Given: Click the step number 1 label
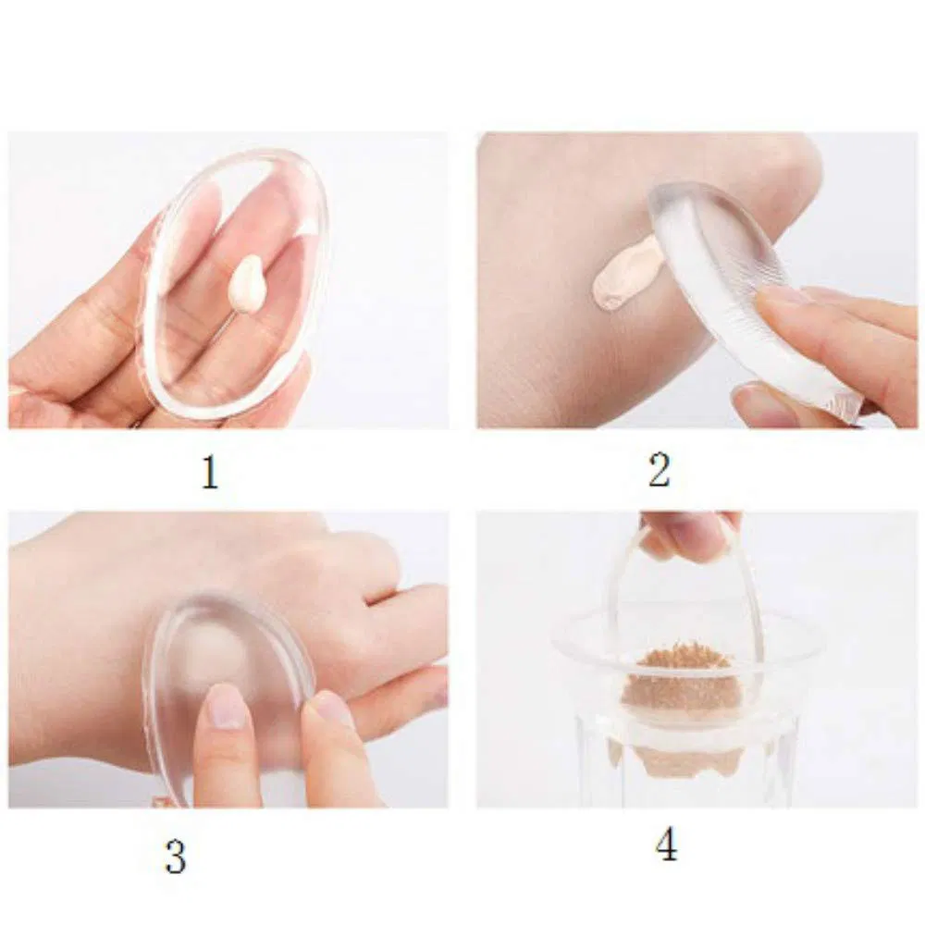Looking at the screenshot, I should pyautogui.click(x=210, y=473).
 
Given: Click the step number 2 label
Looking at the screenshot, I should pyautogui.click(x=659, y=471).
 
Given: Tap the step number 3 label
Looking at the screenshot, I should pyautogui.click(x=175, y=857).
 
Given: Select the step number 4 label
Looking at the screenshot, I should pyautogui.click(x=666, y=845).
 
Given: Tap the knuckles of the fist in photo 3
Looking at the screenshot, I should pyautogui.click(x=370, y=564).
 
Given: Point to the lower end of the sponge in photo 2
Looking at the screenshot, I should pyautogui.click(x=837, y=407).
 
